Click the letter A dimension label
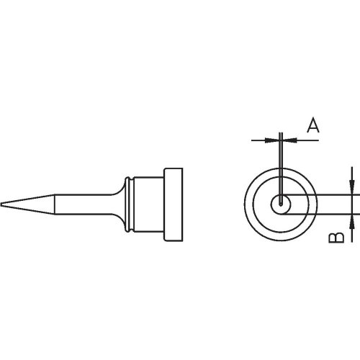pyautogui.click(x=312, y=127)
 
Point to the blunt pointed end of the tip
pyautogui.click(x=3, y=204)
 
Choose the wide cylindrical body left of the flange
pyautogui.click(x=147, y=204)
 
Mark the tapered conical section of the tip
pyautogui.click(x=29, y=204)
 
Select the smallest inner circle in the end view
pyautogui.click(x=277, y=205)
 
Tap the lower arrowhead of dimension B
pyautogui.click(x=351, y=220)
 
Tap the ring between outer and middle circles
pyautogui.click(x=253, y=205)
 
